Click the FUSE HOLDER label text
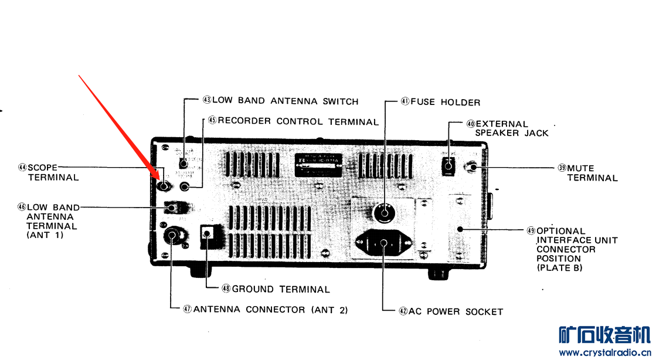point(445,102)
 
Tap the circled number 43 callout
point(207,101)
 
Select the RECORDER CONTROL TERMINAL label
point(298,121)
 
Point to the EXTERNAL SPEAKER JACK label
point(511,128)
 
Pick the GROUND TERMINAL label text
point(281,289)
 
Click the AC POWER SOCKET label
point(456,311)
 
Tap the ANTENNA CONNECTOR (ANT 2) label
point(270,310)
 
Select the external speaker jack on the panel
point(448,167)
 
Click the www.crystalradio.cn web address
point(604,353)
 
